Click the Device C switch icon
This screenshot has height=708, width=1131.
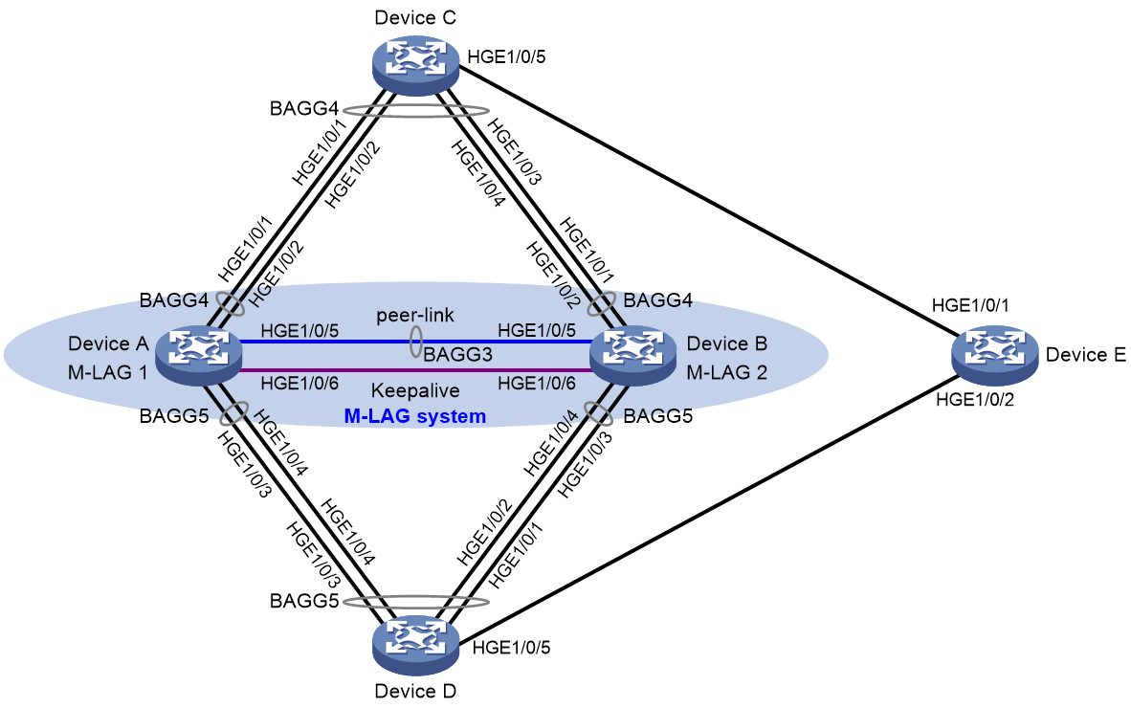click(x=415, y=65)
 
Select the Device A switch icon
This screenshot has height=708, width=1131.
click(x=198, y=354)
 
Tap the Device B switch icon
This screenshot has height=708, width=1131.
click(x=632, y=354)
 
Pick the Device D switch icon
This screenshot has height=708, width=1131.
click(x=415, y=644)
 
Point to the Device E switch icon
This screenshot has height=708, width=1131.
click(x=995, y=354)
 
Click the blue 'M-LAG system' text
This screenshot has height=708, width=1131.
click(x=414, y=417)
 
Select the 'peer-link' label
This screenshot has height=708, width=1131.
click(x=415, y=315)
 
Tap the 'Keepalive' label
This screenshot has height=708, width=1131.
click(x=415, y=390)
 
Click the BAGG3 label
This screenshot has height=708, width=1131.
click(x=458, y=355)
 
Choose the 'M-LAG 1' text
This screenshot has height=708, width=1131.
click(x=107, y=373)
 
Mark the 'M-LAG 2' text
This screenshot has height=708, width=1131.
click(x=727, y=373)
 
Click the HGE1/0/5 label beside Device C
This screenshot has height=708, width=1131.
click(x=506, y=57)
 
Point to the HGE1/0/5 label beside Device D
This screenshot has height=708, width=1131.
click(x=511, y=648)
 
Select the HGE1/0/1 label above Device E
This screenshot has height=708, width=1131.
click(x=971, y=306)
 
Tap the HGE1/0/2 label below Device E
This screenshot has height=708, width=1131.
click(x=975, y=400)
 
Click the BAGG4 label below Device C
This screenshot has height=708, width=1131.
click(x=304, y=109)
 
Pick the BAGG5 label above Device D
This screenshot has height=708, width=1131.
click(x=304, y=601)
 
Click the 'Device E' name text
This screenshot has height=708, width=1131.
click(x=1086, y=355)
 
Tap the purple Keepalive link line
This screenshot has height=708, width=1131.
click(x=415, y=370)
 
